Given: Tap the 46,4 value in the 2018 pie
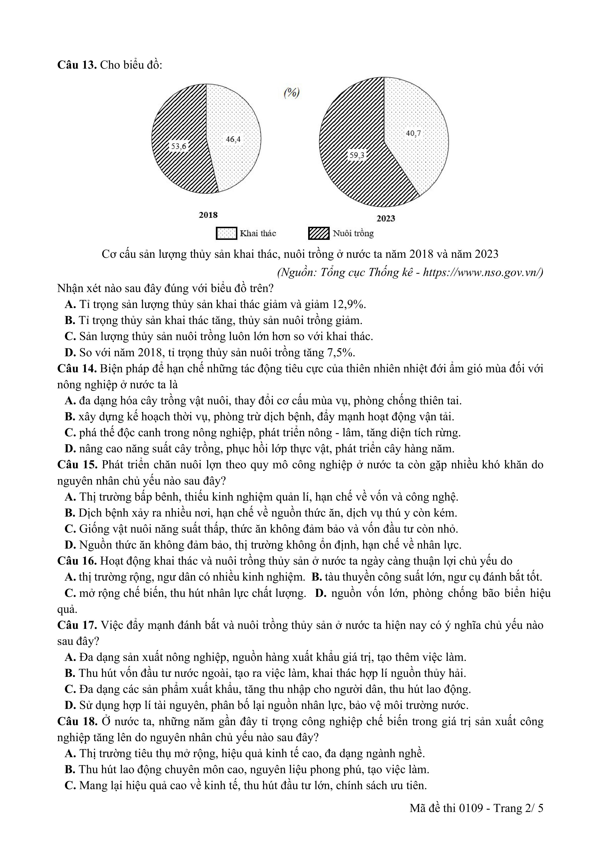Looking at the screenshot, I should [x=233, y=139].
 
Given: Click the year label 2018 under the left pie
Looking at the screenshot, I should [x=208, y=215].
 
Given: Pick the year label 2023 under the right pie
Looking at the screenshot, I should [x=386, y=219].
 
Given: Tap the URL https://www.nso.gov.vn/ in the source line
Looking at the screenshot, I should [x=483, y=272].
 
